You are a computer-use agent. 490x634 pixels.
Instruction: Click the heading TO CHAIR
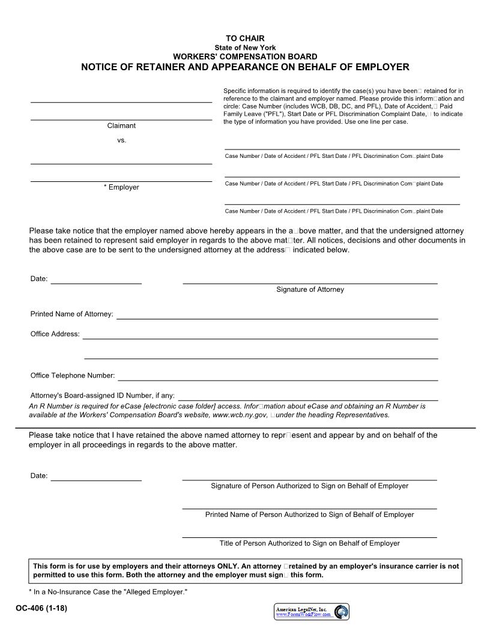[245, 39]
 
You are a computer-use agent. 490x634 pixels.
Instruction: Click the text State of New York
[245, 48]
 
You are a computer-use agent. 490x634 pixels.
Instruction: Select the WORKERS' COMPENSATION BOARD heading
[245, 56]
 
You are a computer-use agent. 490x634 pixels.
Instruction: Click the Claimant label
[121, 126]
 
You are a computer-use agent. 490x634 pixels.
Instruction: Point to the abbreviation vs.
[121, 140]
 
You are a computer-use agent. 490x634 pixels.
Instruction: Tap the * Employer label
[121, 187]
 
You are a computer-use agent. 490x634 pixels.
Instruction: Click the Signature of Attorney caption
[310, 289]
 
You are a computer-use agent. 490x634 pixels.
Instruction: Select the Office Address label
[55, 334]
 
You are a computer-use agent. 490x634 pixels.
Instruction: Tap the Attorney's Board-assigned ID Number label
[103, 396]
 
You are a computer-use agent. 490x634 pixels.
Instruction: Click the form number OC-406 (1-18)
[41, 609]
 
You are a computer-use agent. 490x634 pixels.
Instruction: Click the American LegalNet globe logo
[341, 612]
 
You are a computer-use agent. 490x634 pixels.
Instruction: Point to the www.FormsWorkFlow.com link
[303, 615]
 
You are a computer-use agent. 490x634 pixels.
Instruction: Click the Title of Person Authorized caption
[309, 543]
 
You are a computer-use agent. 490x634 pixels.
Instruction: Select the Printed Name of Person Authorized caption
[309, 515]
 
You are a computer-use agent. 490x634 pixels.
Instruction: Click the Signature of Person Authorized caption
[309, 486]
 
